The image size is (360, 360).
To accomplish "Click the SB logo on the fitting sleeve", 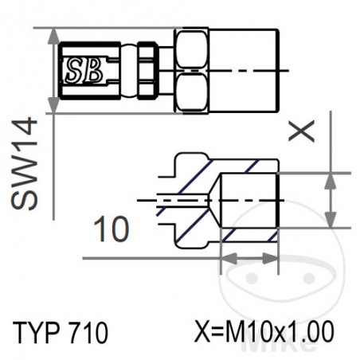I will click(83, 71).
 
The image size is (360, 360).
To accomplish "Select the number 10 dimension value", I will click(111, 230).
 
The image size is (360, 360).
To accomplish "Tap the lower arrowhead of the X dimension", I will click(329, 221).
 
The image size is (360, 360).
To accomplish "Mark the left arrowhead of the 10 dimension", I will click(225, 258).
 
